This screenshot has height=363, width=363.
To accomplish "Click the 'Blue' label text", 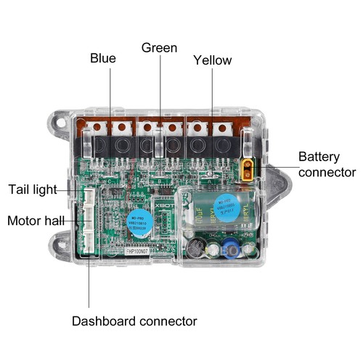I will click(x=103, y=58).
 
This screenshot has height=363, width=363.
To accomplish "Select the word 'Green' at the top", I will click(x=159, y=48).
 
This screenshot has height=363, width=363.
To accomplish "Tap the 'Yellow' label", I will click(x=212, y=60).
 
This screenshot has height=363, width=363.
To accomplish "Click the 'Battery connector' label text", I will click(x=327, y=164).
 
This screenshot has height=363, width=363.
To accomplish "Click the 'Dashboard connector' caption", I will click(x=134, y=320).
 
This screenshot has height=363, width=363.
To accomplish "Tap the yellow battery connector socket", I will click(x=248, y=168).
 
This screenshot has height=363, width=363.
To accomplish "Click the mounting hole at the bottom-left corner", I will click(x=61, y=240).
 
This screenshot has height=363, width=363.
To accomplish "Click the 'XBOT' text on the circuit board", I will click(x=168, y=205).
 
